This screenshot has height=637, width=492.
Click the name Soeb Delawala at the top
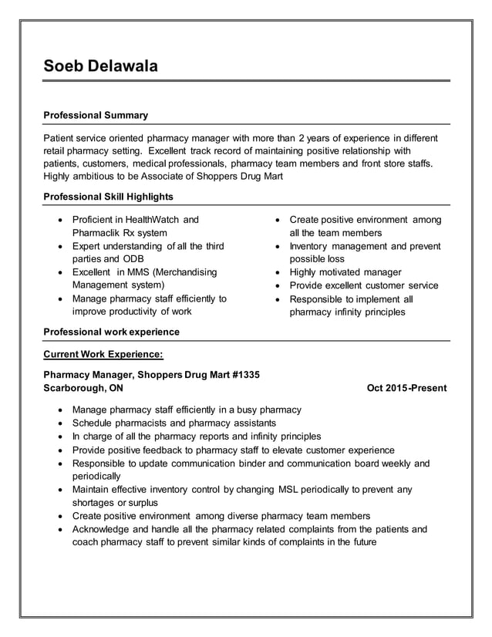[x=100, y=66]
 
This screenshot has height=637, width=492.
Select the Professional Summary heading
[x=96, y=115]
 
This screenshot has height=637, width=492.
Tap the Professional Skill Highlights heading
[x=108, y=197]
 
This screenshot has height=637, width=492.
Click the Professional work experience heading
[x=111, y=332]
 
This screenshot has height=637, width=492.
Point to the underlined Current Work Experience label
[x=103, y=354]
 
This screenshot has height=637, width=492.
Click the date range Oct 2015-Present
[x=406, y=388]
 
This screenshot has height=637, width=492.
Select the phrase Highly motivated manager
[x=345, y=272]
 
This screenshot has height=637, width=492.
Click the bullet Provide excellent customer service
[x=364, y=285]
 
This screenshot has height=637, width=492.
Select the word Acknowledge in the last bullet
[x=103, y=529]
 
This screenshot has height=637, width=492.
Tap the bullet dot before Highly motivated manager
[x=279, y=272]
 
